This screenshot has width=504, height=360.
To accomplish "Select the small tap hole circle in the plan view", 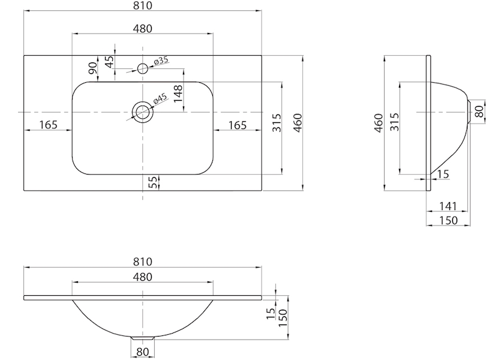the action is (142, 68).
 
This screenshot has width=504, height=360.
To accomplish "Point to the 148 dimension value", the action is (178, 94).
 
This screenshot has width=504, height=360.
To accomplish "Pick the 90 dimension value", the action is (93, 68).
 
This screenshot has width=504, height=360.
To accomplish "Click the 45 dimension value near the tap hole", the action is (110, 62).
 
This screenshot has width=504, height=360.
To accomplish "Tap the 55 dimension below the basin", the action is (154, 182).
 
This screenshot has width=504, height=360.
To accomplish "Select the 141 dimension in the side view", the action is (448, 206).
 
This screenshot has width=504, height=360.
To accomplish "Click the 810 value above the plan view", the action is (142, 5).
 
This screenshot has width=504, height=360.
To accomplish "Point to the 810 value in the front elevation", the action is (142, 262).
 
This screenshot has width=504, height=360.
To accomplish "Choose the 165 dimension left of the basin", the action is (48, 125).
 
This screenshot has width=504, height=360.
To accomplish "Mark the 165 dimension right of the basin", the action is (238, 125).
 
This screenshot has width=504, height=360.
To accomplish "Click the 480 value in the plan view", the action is (142, 29).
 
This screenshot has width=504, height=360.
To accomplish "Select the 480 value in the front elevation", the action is (142, 277).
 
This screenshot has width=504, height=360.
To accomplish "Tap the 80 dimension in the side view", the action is (479, 112).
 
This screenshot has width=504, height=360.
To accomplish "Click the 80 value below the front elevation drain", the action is (142, 352).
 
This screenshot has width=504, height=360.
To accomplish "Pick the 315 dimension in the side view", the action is (394, 121).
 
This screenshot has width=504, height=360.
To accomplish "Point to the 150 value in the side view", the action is (448, 221).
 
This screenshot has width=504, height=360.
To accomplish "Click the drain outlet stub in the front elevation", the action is (143, 338).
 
